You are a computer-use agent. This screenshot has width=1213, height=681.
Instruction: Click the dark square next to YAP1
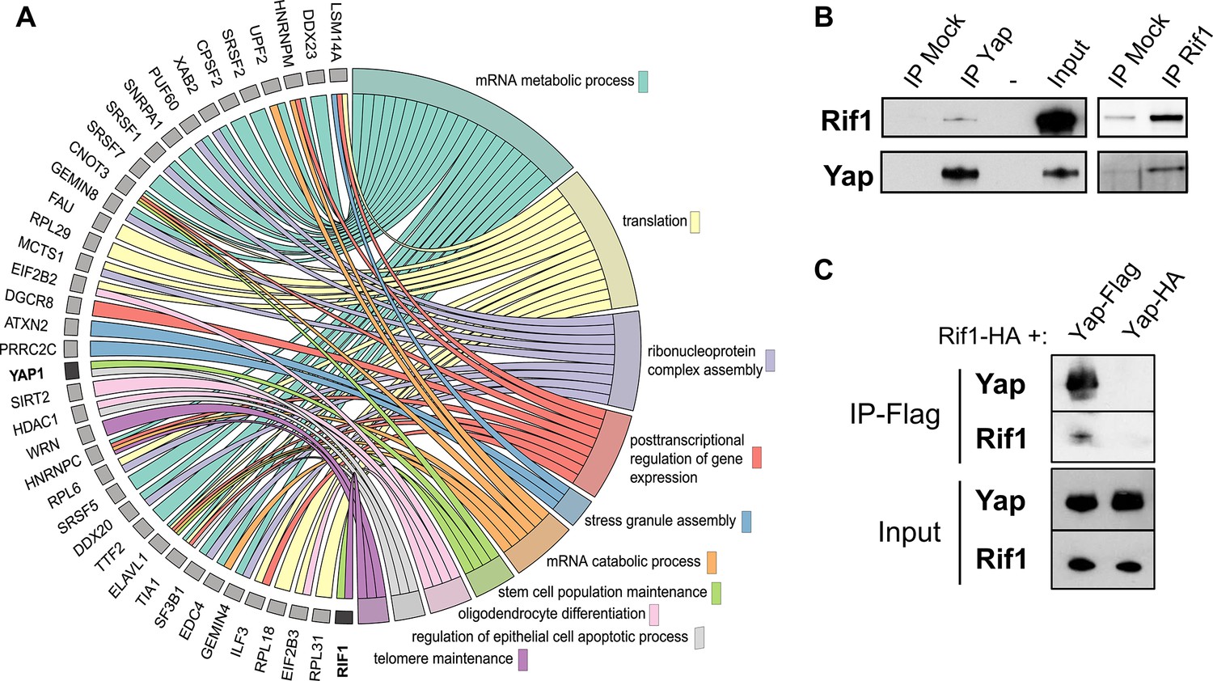(71, 370)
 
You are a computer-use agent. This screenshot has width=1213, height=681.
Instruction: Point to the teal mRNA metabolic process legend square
(643, 81)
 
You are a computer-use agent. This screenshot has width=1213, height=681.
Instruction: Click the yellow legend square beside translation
(694, 222)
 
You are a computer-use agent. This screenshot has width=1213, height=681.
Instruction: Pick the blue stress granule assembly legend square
(746, 521)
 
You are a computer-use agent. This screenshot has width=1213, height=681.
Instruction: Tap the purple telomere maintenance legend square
(523, 659)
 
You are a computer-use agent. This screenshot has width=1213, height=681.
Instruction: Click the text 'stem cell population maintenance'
(602, 592)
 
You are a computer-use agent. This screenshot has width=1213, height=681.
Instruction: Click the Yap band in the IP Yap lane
(959, 173)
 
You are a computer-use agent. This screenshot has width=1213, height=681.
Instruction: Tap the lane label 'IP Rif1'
(1186, 55)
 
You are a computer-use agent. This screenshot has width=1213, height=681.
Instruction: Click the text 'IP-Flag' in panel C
(894, 414)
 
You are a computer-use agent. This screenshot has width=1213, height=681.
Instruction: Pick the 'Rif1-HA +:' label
(992, 336)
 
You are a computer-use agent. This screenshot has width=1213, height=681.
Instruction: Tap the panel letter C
(823, 269)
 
